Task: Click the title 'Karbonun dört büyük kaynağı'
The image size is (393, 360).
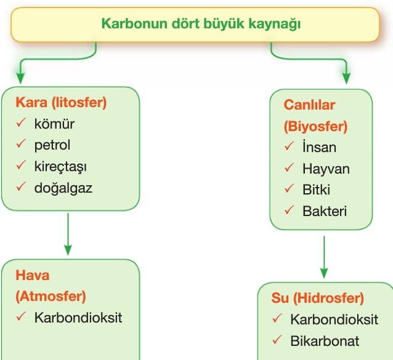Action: click(x=201, y=24)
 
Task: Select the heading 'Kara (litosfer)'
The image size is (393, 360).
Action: click(x=61, y=103)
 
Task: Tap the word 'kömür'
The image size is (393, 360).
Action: click(x=54, y=124)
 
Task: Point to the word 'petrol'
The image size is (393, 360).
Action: click(x=52, y=145)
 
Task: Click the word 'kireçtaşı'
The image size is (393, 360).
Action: click(x=60, y=167)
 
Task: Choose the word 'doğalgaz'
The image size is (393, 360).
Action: click(x=63, y=188)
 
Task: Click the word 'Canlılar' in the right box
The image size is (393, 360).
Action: click(x=309, y=105)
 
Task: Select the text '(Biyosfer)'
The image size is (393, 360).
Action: click(x=315, y=126)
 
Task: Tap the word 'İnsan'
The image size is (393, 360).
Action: click(x=319, y=147)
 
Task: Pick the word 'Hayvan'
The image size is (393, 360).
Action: click(x=326, y=169)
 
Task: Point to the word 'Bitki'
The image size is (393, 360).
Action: click(x=316, y=190)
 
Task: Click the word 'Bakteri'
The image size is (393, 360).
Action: click(x=325, y=211)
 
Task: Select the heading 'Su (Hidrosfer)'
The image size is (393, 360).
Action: click(x=318, y=298)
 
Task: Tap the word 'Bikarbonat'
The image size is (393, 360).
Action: click(x=325, y=341)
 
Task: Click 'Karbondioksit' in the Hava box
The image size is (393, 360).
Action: click(x=78, y=318)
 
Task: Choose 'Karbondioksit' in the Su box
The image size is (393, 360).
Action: click(x=334, y=320)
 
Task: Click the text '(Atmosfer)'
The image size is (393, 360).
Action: click(x=51, y=297)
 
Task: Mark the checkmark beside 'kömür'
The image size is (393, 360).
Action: click(x=21, y=122)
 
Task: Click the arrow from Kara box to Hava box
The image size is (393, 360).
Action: click(x=68, y=234)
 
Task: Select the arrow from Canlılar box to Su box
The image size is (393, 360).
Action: click(x=324, y=257)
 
